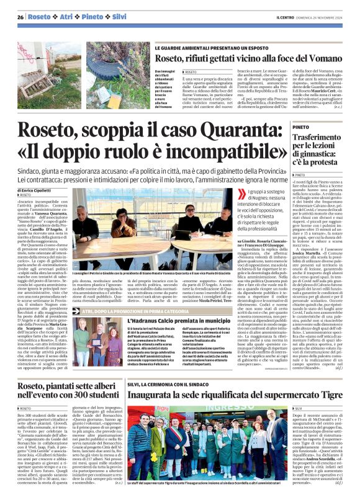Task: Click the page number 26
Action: (20, 17)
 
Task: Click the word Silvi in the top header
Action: (119, 17)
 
